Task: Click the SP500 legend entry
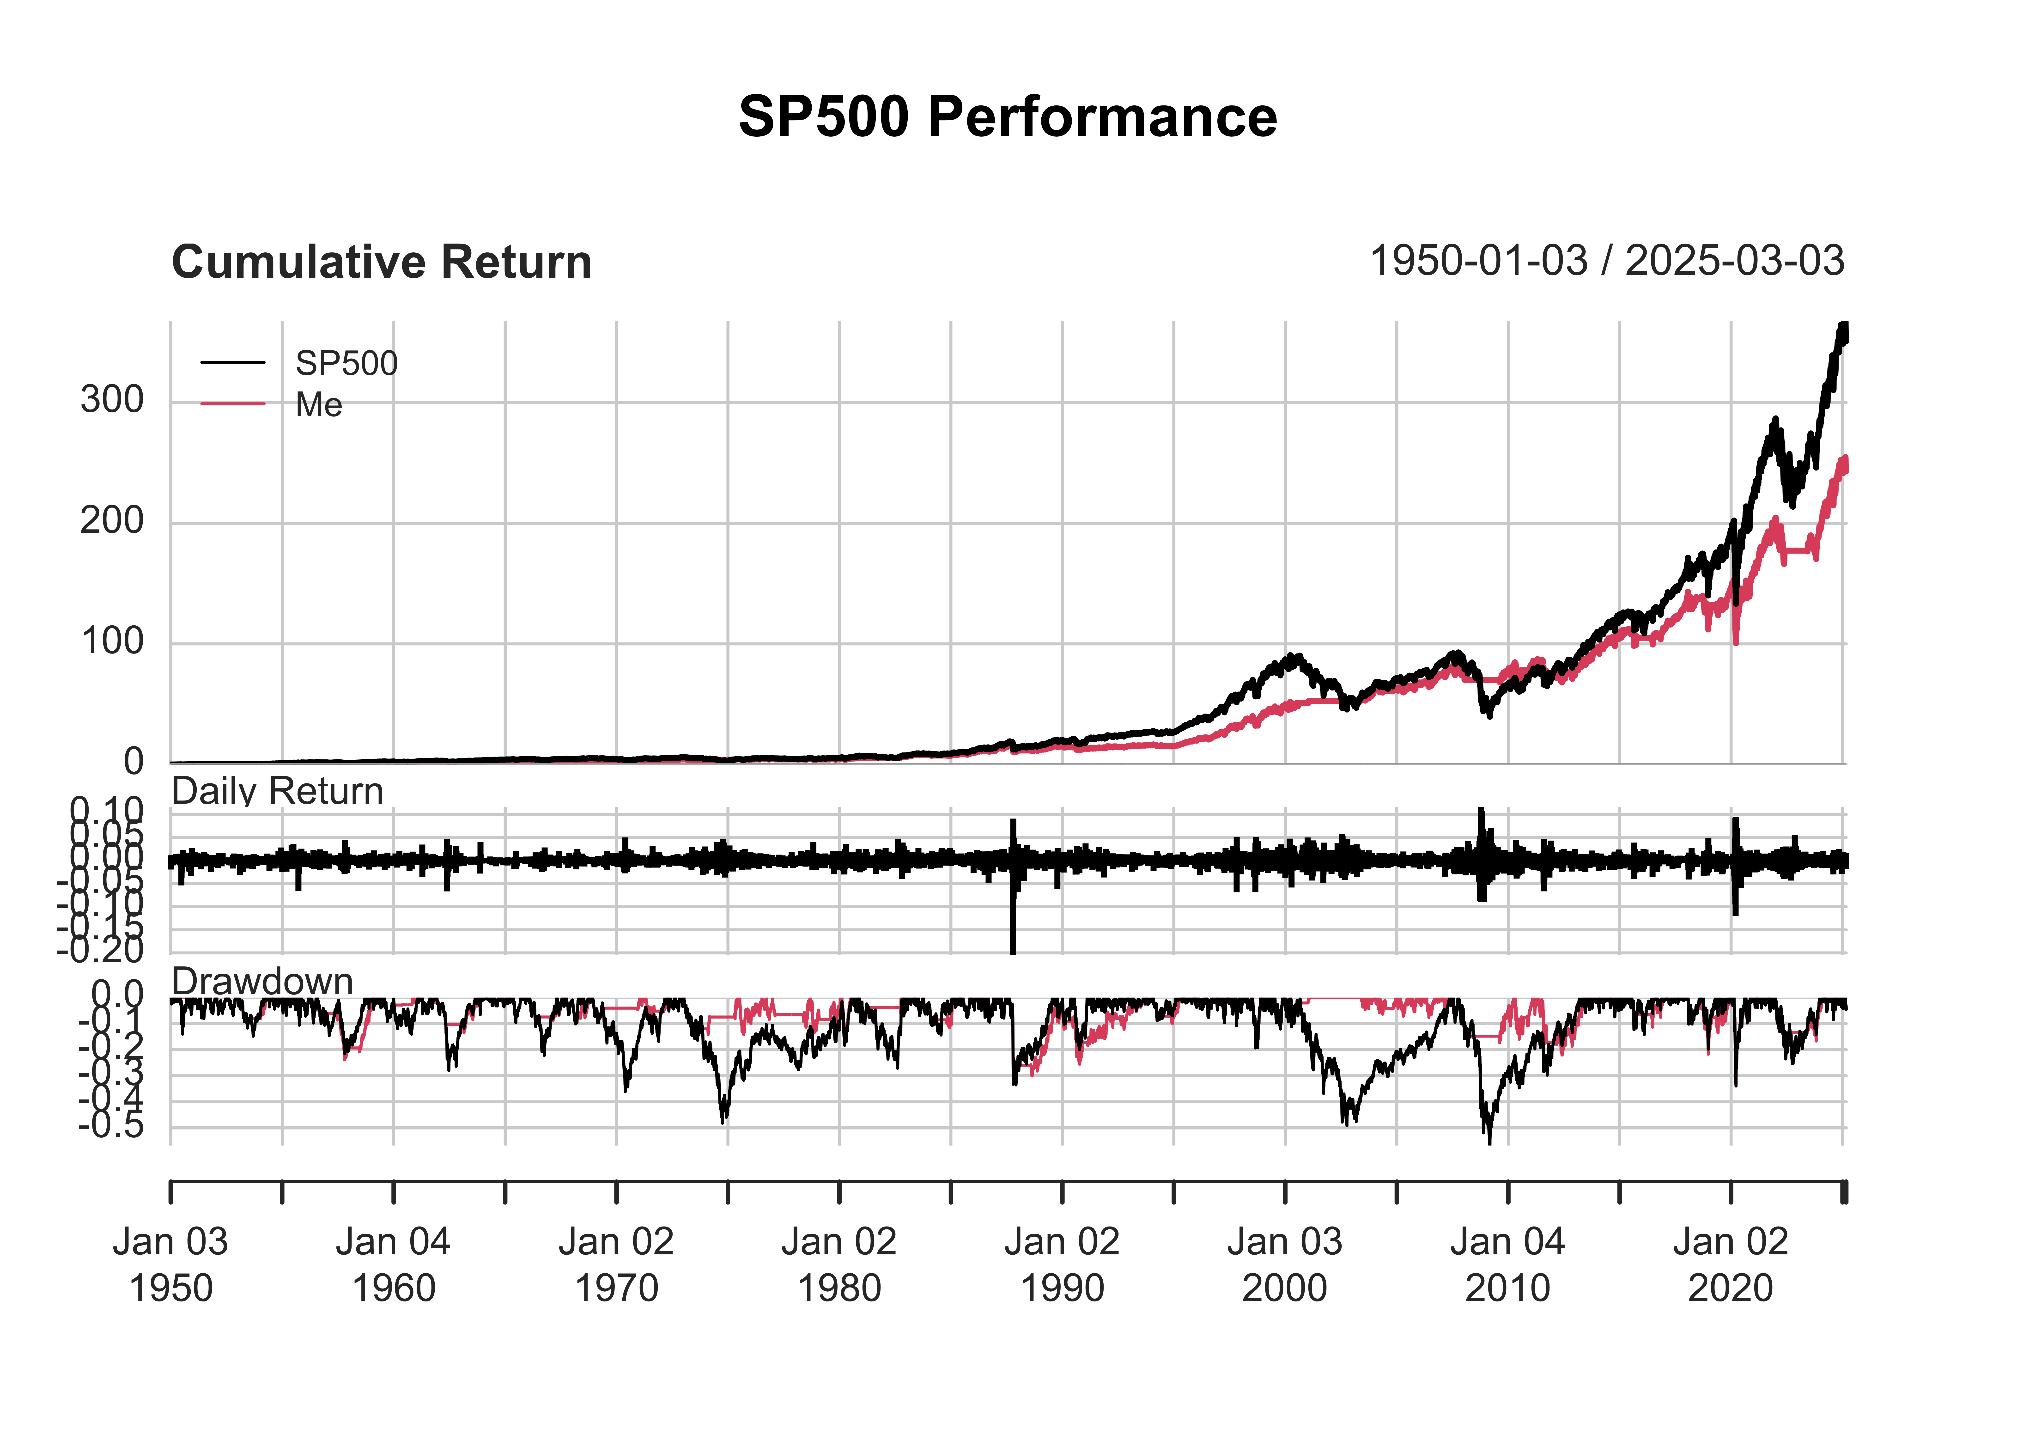point(346,363)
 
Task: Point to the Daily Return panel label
point(277,791)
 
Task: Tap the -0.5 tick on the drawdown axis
point(111,1127)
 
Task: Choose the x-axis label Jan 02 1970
point(616,1264)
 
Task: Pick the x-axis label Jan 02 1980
point(839,1264)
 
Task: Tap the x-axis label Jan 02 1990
point(1062,1264)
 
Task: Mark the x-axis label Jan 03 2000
point(1284,1264)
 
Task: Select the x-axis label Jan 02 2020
point(1731,1264)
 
